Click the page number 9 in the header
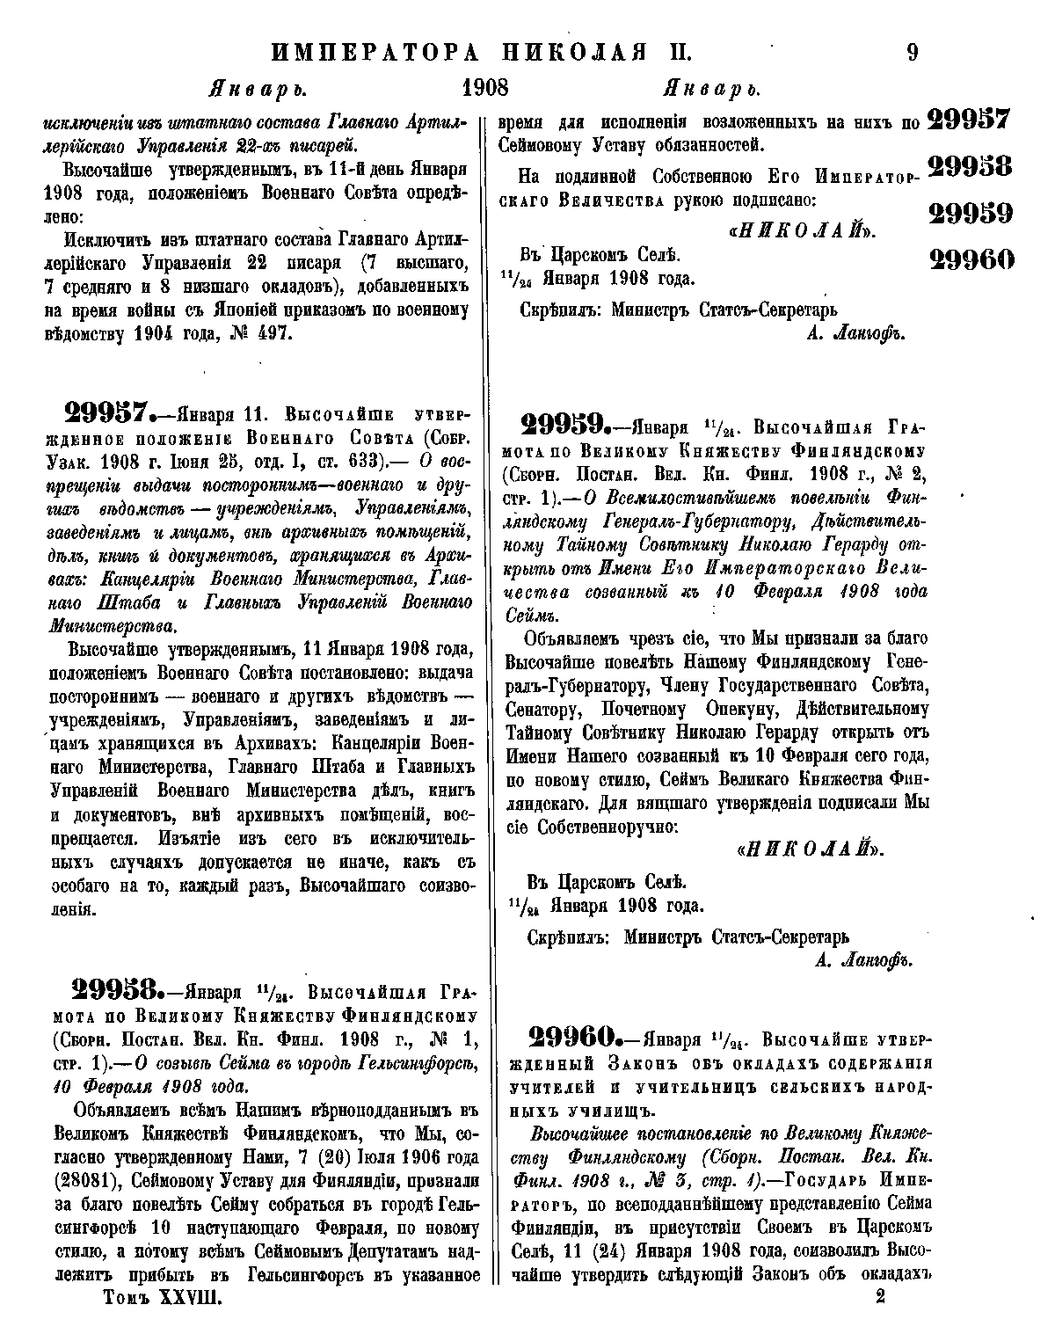coord(912,53)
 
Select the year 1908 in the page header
coord(484,90)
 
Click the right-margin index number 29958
coord(970,166)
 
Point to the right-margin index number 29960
coord(970,259)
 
